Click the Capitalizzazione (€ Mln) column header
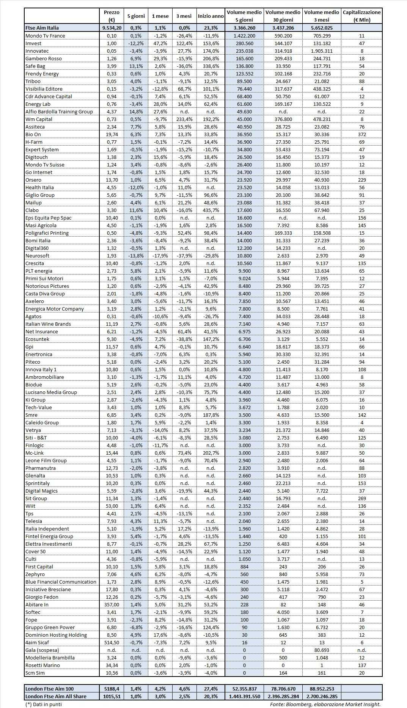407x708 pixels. coord(361,16)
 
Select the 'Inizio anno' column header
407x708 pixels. coord(211,16)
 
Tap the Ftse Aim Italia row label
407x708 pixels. coord(42,28)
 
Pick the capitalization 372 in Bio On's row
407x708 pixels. coord(361,134)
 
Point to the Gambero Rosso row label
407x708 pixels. coord(43,58)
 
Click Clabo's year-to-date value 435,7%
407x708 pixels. coord(211,210)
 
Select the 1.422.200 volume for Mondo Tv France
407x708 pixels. coord(244,36)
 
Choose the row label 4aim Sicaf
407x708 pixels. coord(37,642)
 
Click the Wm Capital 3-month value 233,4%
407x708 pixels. coord(184,119)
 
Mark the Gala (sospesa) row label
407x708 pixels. coord(42,650)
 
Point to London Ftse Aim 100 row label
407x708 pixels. coord(49,689)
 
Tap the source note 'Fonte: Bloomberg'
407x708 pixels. coord(288,704)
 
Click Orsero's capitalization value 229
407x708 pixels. coord(361,180)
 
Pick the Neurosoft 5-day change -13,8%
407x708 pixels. coord(136,256)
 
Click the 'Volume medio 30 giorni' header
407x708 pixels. coord(283,16)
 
